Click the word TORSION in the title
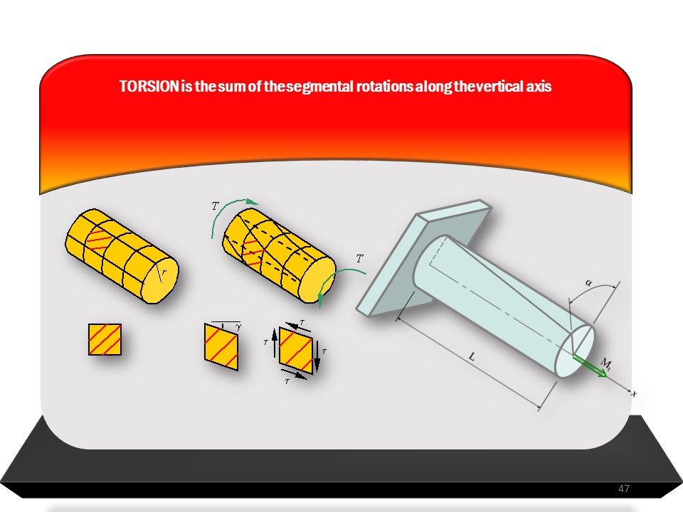click(149, 86)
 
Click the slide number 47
click(624, 489)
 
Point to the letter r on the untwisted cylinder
click(164, 272)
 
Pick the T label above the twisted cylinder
click(215, 206)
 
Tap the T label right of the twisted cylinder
click(359, 259)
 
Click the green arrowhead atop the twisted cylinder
click(251, 202)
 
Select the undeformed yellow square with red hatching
click(105, 339)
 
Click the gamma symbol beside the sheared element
click(238, 326)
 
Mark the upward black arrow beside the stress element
click(274, 343)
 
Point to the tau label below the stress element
click(287, 381)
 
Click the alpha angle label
click(589, 283)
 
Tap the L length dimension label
click(472, 357)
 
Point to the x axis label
click(634, 393)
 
